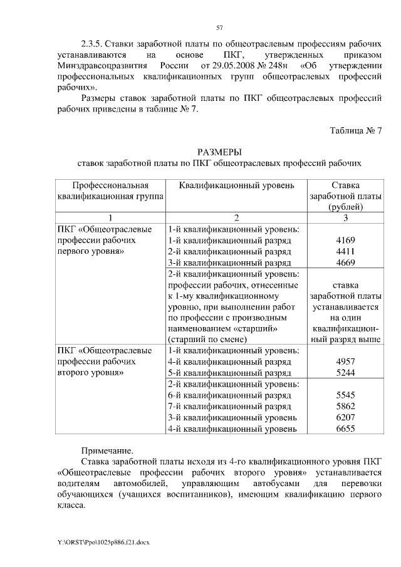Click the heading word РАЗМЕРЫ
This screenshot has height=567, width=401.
point(219,152)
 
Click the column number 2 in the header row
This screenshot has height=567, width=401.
point(236,217)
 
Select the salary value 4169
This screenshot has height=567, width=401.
point(346,240)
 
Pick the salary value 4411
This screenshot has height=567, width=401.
point(346,251)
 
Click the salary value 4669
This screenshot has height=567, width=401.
point(346,263)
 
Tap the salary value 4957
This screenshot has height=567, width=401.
point(346,362)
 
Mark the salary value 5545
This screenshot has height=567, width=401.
point(346,395)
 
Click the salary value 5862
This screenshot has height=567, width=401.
point(346,407)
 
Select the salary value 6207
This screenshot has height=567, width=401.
point(346,418)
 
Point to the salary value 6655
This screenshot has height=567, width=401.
point(346,429)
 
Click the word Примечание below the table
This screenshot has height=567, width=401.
point(107,450)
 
